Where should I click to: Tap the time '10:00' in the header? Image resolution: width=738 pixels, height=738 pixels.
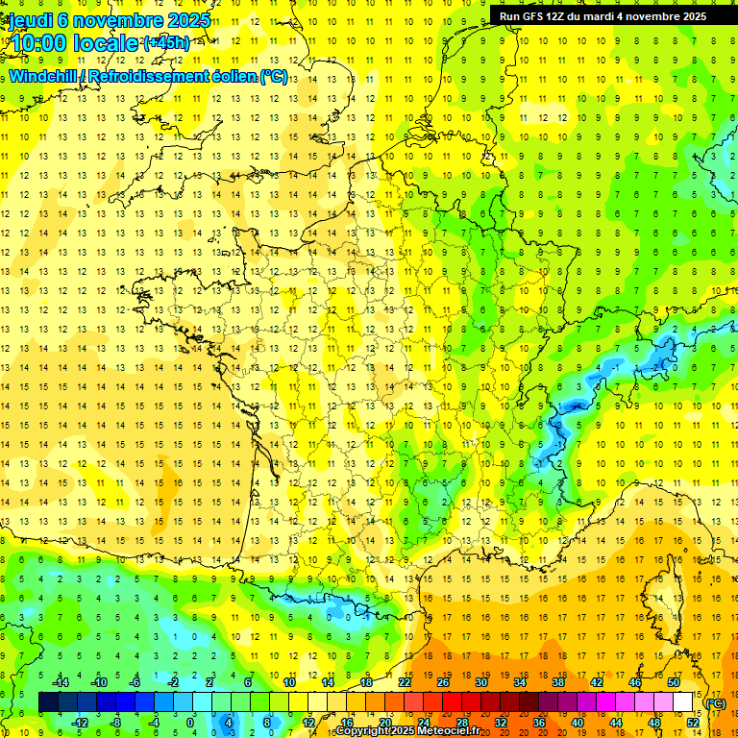(38, 43)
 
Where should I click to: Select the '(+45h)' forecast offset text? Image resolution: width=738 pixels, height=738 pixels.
(165, 43)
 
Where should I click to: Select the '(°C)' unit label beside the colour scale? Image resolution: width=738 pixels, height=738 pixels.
(715, 703)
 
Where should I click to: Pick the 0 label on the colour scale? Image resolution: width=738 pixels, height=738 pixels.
(190, 723)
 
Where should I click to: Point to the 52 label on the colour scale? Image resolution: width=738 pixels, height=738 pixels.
(693, 723)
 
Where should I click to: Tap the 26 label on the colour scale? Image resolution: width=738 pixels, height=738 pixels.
(442, 682)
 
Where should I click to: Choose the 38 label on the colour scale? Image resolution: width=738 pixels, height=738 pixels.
(557, 682)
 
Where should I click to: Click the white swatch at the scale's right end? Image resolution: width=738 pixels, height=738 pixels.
(683, 702)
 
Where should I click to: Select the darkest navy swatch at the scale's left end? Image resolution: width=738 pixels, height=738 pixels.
(48, 702)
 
